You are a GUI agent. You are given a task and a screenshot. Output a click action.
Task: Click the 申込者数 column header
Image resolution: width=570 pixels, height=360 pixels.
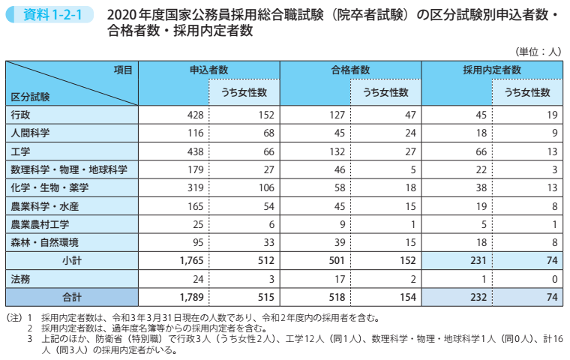[208, 69]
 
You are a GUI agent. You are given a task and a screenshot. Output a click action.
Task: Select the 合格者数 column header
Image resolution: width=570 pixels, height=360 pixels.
[350, 69]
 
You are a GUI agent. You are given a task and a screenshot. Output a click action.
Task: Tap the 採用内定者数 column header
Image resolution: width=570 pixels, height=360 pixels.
[491, 69]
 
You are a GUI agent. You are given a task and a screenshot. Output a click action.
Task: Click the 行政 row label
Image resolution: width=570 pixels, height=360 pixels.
[21, 115]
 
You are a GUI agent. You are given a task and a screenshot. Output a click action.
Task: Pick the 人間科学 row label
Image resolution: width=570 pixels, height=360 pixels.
[30, 133]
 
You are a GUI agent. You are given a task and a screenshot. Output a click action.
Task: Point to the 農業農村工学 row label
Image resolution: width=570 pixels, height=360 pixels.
[39, 223]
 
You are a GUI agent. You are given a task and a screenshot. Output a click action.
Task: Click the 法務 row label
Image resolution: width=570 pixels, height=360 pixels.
[21, 278]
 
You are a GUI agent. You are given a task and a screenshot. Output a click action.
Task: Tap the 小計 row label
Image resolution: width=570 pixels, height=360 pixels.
[72, 259]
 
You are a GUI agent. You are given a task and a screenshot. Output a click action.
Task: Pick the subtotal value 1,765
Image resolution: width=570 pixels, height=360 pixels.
[192, 260]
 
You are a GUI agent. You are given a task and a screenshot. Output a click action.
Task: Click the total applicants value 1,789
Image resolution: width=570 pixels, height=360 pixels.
[192, 296]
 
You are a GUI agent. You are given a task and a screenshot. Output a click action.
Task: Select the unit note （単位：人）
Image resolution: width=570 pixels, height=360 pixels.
[537, 52]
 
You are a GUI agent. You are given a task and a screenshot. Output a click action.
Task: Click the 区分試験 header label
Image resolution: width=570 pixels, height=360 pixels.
[31, 97]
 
